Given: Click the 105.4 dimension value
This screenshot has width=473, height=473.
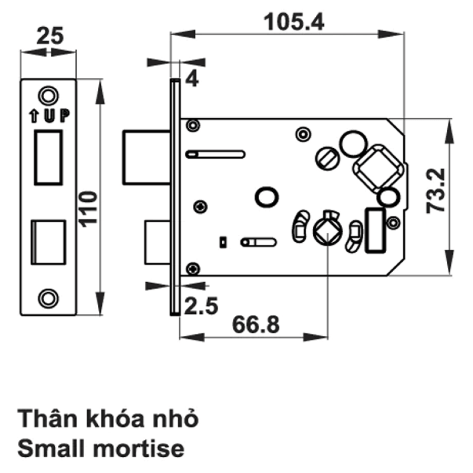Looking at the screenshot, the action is click(x=294, y=22).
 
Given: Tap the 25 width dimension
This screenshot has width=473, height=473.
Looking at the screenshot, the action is click(x=50, y=36).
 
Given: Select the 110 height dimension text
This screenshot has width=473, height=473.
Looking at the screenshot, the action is click(x=88, y=209).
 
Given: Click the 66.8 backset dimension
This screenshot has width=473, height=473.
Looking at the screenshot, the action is click(x=256, y=325).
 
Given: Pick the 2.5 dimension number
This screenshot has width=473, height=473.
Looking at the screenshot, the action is click(x=201, y=306).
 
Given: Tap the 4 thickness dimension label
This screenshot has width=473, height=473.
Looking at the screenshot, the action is click(x=192, y=79).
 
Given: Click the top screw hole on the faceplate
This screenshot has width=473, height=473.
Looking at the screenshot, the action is click(x=48, y=96).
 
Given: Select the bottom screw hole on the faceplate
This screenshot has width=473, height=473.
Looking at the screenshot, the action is click(x=48, y=299).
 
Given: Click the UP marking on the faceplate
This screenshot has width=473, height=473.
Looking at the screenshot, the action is click(x=57, y=116).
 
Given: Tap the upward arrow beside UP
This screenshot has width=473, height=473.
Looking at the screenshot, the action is click(x=34, y=116).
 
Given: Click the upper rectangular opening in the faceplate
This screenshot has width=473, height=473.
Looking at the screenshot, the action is click(x=48, y=157).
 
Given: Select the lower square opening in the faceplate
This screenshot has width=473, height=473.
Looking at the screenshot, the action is click(x=48, y=242).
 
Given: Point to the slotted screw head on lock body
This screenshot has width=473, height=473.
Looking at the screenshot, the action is click(x=327, y=158).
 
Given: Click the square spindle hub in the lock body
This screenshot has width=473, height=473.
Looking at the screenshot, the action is click(x=327, y=232).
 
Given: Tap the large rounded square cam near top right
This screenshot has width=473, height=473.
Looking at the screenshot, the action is click(x=378, y=169).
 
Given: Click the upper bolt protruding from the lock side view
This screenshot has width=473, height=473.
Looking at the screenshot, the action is click(x=147, y=157).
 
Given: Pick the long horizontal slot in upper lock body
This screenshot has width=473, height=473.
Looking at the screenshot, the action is click(x=215, y=154).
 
